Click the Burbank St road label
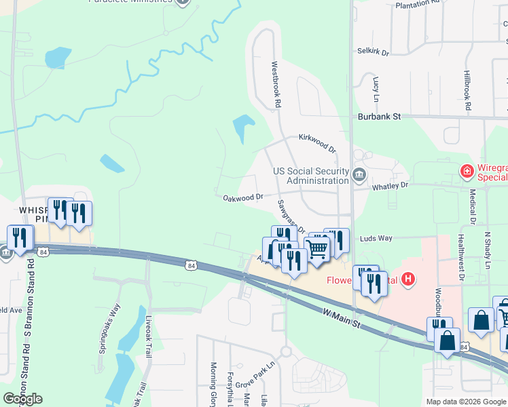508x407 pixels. pyautogui.click(x=380, y=117)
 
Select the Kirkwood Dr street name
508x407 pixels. pyautogui.click(x=317, y=142)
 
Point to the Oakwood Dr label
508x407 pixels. pyautogui.click(x=243, y=197)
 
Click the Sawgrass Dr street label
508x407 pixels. pyautogui.click(x=291, y=215)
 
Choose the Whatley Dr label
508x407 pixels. pyautogui.click(x=390, y=185)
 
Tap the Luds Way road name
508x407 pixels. pyautogui.click(x=376, y=238)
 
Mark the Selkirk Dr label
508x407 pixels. pyautogui.click(x=373, y=52)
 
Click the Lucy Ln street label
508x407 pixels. pyautogui.click(x=375, y=85)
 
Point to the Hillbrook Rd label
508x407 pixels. pyautogui.click(x=468, y=89)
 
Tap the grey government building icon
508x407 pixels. pyautogui.click(x=359, y=176)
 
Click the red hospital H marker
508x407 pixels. pyautogui.click(x=408, y=278)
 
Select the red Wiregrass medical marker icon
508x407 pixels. pyautogui.click(x=467, y=171)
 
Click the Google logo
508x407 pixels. pyautogui.click(x=22, y=399)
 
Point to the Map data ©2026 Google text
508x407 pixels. pyautogui.click(x=466, y=402)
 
